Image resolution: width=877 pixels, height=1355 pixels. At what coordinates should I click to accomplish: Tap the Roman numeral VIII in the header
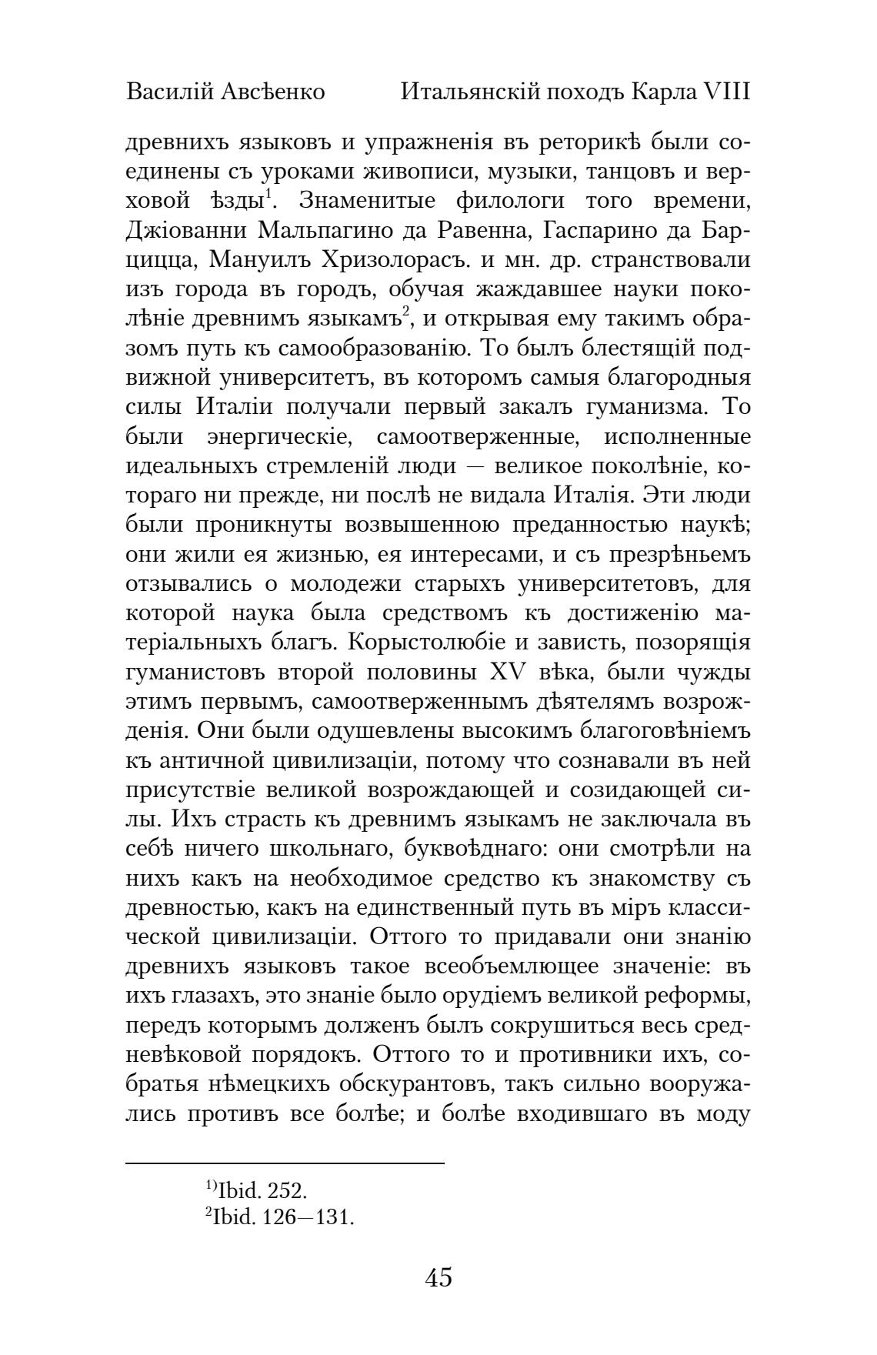click(x=725, y=92)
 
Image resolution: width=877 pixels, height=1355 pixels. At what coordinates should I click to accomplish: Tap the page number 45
click(x=438, y=1278)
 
